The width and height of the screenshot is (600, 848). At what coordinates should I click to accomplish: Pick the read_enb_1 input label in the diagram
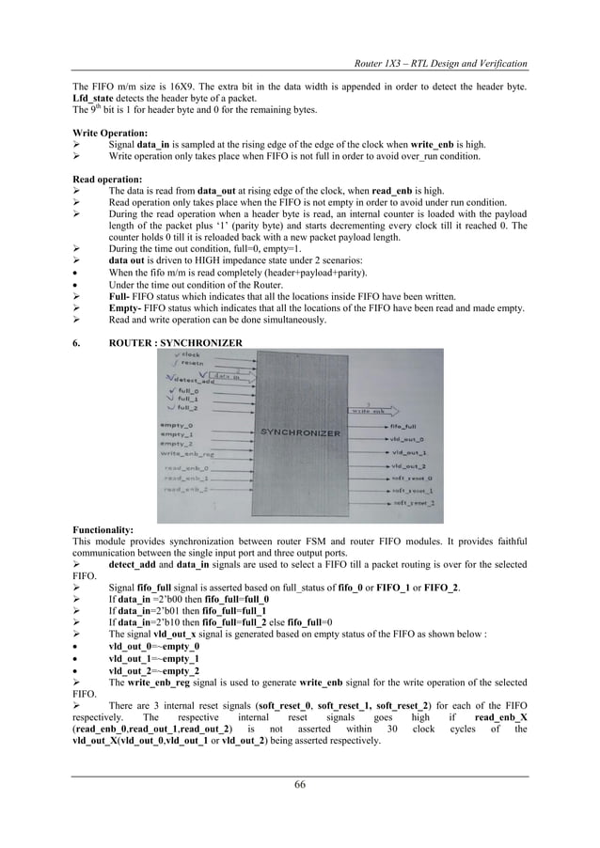coord(184,477)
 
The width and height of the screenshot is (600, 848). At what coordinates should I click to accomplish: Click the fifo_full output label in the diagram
coord(403,427)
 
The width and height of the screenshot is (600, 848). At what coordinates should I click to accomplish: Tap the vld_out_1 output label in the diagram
coord(407,452)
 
